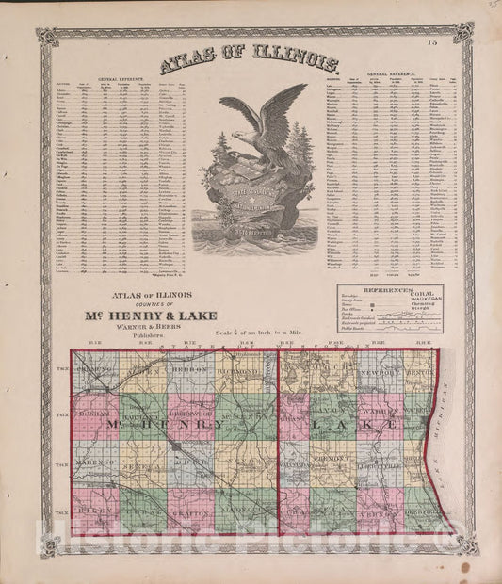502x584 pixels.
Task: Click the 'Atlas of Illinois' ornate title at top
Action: click(x=250, y=64)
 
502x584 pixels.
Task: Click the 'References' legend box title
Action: click(x=389, y=292)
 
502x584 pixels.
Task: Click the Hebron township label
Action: click(x=191, y=372)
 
